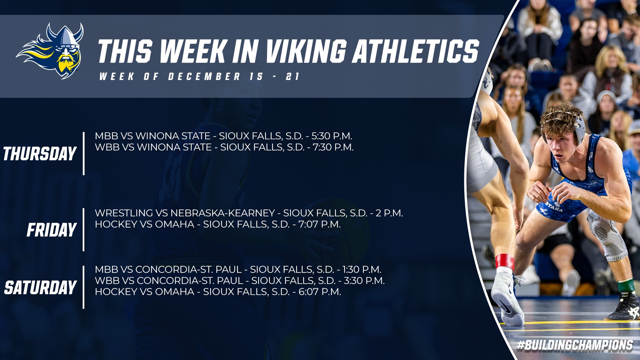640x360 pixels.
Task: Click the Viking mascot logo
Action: click(50, 51)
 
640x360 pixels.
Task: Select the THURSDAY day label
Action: click(40, 154)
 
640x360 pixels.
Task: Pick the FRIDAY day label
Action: click(52, 230)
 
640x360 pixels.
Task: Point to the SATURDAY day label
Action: click(40, 287)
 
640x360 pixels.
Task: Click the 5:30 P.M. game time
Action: click(332, 136)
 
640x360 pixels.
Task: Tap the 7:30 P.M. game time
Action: click(333, 147)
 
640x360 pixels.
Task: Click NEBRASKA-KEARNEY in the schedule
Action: click(223, 213)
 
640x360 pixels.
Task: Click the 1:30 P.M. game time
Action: click(362, 269)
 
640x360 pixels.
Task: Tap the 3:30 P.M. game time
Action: click(364, 280)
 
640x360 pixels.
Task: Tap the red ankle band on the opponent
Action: click(504, 261)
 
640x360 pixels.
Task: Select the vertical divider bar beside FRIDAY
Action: click(84, 230)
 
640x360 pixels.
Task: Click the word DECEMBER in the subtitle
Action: click(204, 76)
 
